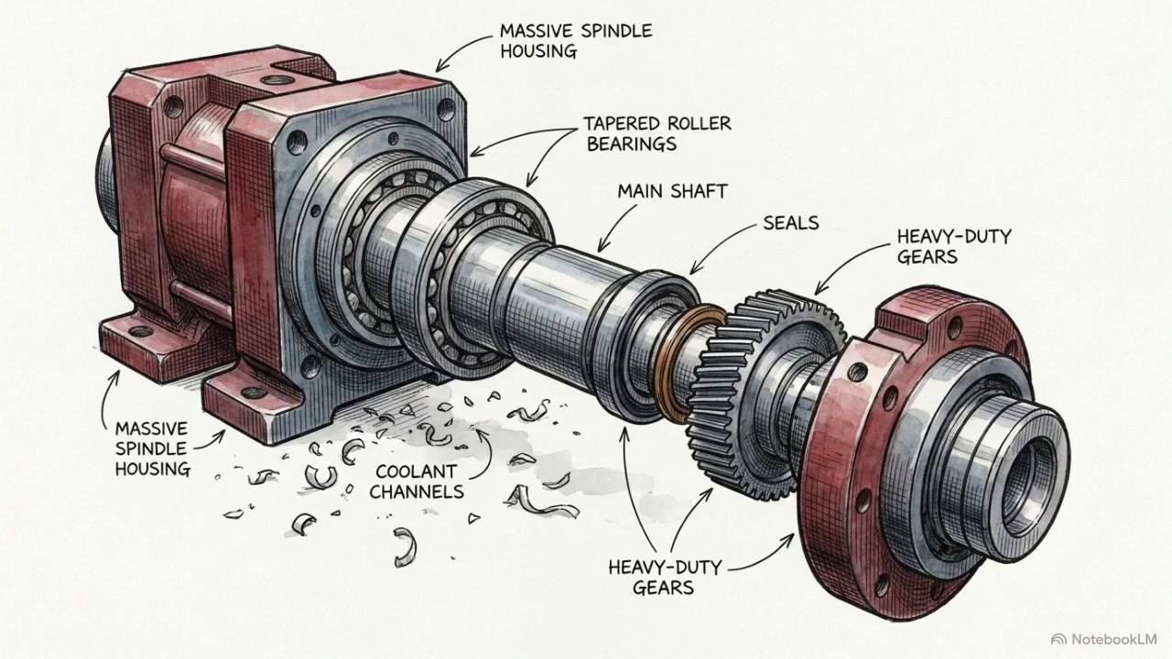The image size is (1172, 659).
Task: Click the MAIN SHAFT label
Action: point(672,191)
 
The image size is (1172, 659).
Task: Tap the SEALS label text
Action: point(790,223)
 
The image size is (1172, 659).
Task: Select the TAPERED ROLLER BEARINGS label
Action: point(657,134)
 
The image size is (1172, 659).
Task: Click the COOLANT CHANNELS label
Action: point(417,481)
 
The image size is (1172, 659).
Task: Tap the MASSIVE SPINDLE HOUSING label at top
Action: point(576,41)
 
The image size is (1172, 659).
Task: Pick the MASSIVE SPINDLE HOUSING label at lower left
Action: point(152,448)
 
